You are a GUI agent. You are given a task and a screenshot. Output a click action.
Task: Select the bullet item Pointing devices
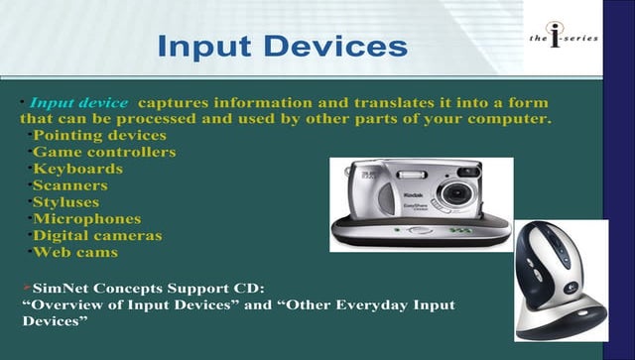(x=99, y=136)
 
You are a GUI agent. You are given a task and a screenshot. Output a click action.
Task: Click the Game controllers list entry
(x=104, y=153)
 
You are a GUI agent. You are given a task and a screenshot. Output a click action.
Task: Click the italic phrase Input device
(x=78, y=103)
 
